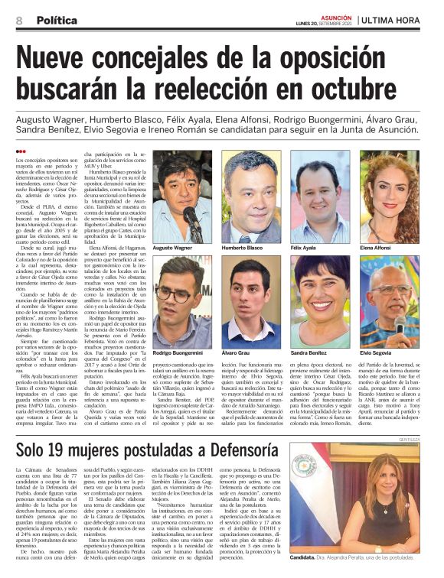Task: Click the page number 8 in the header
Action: [x=19, y=21]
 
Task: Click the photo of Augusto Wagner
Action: [x=182, y=196]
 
